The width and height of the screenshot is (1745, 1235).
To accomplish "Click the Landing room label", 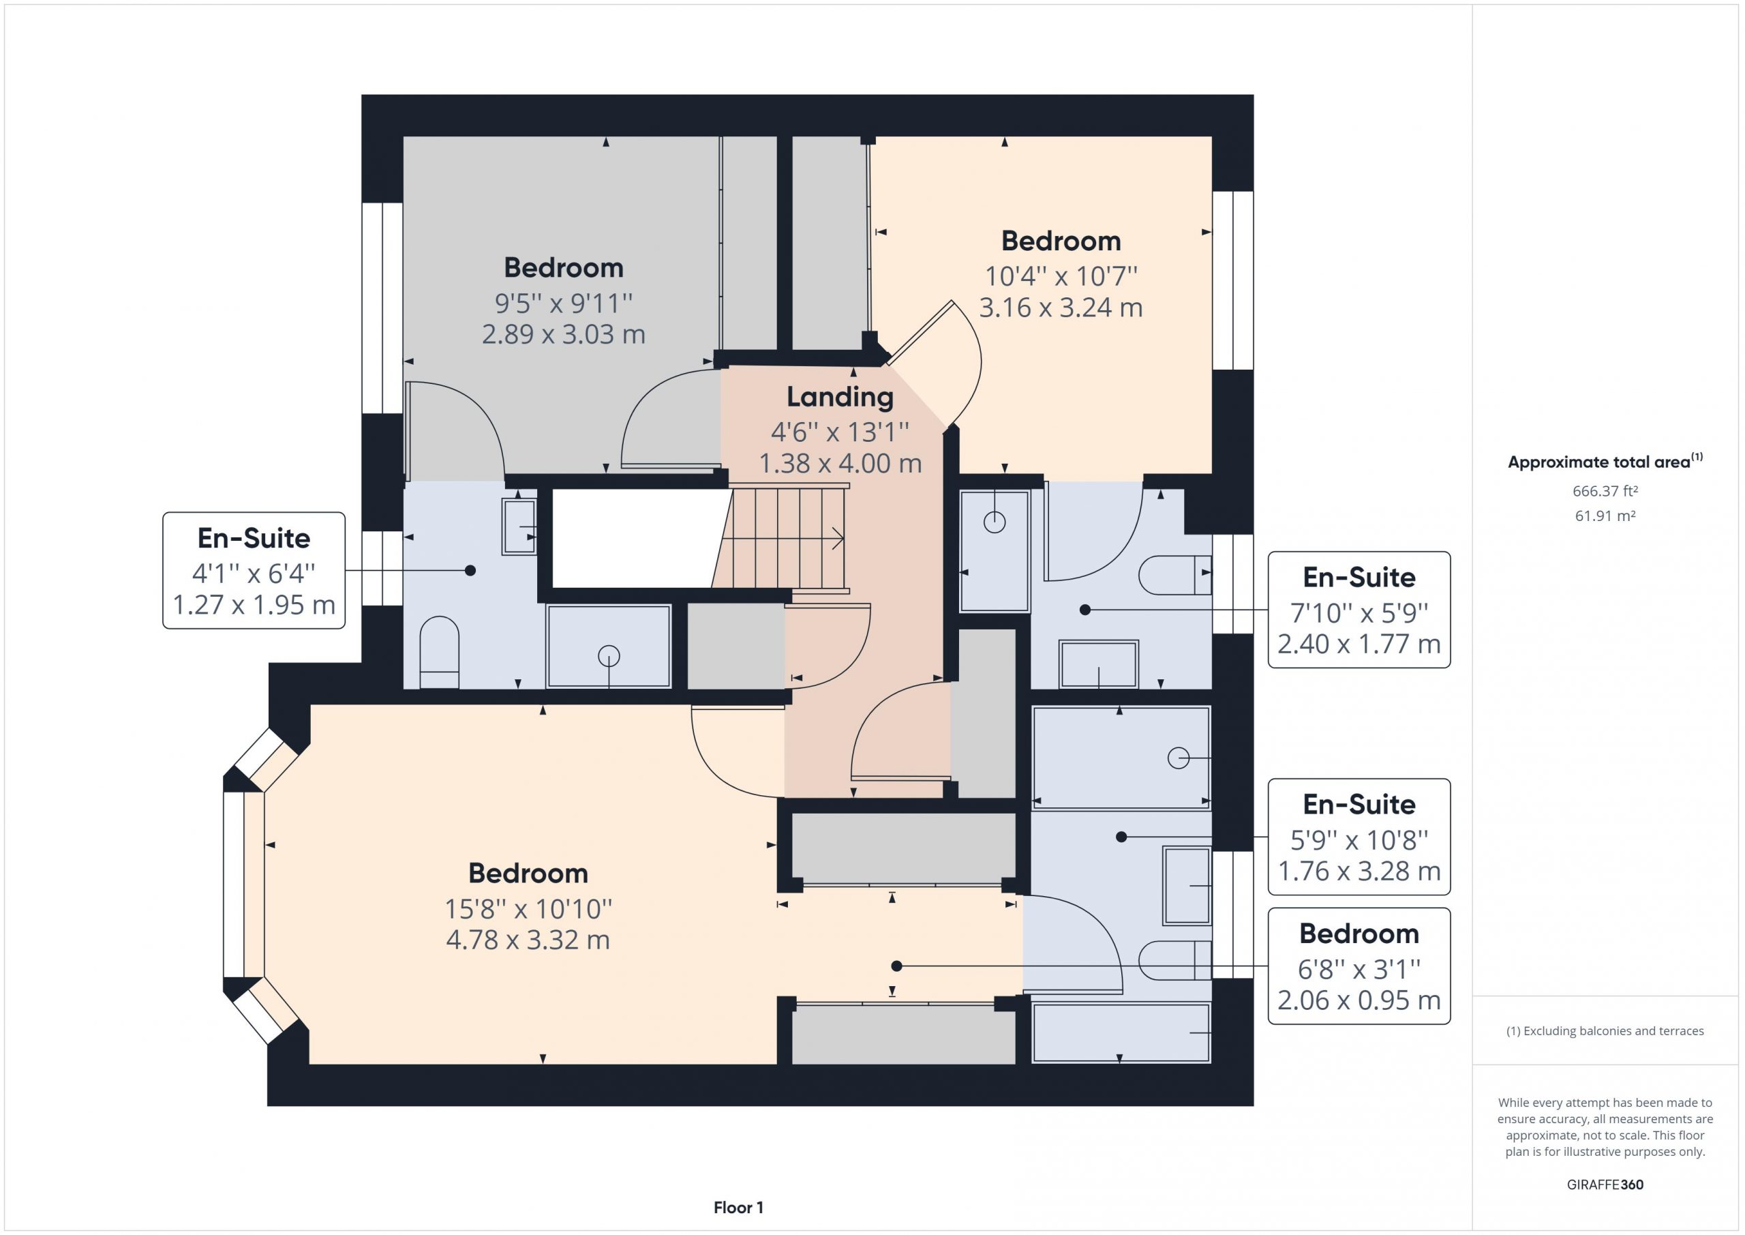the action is tap(840, 397).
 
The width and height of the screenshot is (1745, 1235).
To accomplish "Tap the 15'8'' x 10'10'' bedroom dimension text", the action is tap(528, 909).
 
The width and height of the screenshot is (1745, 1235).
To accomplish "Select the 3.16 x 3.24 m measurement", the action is tap(1061, 308).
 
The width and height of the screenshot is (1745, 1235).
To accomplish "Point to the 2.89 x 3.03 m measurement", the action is tap(564, 335).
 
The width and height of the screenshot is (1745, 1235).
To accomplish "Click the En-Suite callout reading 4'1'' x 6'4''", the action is tap(254, 570).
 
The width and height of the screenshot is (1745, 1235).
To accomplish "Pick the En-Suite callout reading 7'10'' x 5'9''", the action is tap(1359, 610).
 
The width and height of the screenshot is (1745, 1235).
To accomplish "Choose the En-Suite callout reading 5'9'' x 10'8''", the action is tap(1359, 837).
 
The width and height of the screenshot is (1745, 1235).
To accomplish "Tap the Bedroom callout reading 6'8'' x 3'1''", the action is tap(1359, 966).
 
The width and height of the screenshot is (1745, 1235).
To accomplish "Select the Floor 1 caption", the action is tap(738, 1208).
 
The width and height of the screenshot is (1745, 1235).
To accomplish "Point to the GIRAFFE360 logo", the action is tap(1605, 1184).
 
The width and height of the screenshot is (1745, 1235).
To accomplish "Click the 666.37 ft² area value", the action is tap(1605, 491).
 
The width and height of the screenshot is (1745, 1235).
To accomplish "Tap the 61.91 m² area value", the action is tap(1605, 516).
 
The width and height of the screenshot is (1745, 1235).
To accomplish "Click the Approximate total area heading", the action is tap(1605, 461).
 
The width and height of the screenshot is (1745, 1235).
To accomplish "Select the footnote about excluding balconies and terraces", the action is tap(1605, 1031).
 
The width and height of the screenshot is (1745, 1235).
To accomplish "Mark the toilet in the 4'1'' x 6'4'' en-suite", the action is tap(439, 653).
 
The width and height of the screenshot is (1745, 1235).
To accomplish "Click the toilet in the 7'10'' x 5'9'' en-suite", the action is tap(1175, 575).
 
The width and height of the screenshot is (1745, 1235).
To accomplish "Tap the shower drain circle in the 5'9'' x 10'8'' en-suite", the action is tap(1178, 758).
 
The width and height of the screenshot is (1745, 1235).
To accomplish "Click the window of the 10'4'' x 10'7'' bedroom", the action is tap(1232, 280).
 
